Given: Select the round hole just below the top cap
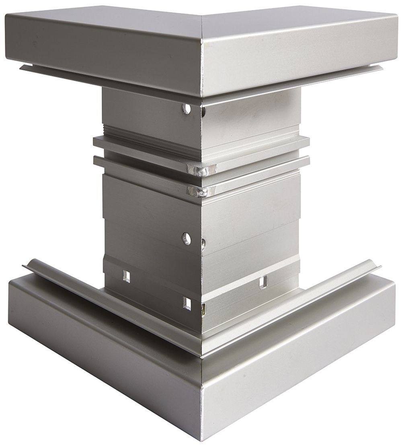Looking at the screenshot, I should coord(186,108).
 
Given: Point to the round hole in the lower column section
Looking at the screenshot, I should coord(186,239).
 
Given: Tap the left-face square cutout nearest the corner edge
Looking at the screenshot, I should coord(187,303).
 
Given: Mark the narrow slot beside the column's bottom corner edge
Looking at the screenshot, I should coord(203,309).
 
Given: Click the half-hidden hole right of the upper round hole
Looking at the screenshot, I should coord(204,111).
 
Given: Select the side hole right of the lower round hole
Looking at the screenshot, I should coord(203,242).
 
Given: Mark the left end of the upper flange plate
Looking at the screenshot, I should coord(96,141).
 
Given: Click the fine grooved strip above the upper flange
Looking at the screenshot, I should coord(149,133).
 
